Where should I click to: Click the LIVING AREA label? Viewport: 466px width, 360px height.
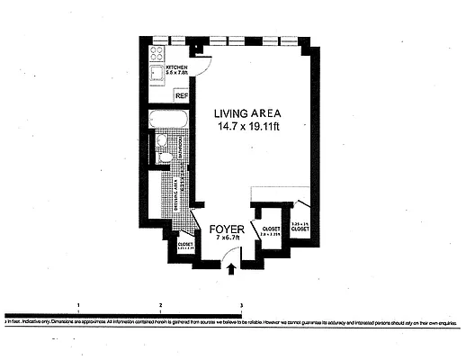(x=247, y=113)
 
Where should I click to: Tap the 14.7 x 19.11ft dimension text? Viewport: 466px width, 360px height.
(x=247, y=127)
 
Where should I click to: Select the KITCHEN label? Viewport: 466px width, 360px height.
(x=176, y=68)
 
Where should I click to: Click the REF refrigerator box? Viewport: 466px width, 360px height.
(x=181, y=95)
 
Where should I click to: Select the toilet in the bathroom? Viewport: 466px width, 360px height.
(x=163, y=158)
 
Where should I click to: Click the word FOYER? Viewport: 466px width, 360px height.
(x=227, y=229)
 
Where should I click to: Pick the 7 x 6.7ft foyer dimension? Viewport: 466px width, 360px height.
(x=228, y=238)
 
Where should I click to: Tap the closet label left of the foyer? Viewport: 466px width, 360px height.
(x=185, y=245)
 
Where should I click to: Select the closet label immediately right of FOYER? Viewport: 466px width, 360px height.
(x=271, y=230)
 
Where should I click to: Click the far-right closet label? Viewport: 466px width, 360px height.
(x=300, y=228)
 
